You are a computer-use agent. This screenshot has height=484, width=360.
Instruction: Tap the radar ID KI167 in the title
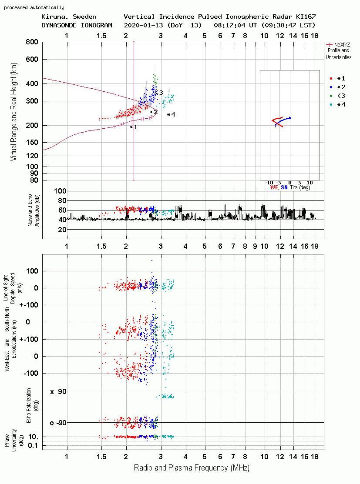click(306, 17)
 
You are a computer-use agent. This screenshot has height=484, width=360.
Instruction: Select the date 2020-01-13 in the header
click(144, 25)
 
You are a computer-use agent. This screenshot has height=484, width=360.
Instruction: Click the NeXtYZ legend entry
click(338, 51)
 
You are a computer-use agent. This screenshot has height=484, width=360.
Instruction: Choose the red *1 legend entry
click(337, 79)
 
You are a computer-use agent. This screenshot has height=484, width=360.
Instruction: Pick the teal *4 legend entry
click(337, 105)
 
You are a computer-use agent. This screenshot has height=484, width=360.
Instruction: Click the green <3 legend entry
click(337, 96)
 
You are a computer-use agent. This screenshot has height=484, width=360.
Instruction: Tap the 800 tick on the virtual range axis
click(32, 42)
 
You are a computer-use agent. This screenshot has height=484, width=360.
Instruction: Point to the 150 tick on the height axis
click(32, 143)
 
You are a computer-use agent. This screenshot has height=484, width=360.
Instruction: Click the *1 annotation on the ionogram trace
click(134, 127)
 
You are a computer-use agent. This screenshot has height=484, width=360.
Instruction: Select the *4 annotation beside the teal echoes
click(171, 114)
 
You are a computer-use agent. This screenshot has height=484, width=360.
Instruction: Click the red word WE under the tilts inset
click(274, 187)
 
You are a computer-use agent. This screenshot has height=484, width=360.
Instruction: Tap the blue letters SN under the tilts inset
click(284, 187)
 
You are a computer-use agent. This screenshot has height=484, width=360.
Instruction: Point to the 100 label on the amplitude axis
click(60, 191)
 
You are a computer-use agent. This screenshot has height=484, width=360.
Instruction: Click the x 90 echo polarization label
click(58, 392)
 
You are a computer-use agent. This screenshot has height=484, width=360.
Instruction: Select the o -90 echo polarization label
click(58, 423)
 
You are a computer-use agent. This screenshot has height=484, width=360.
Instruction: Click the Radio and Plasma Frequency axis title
click(192, 468)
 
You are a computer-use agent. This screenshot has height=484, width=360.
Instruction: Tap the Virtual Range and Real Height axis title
click(14, 112)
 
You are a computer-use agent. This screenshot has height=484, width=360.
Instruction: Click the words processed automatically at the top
click(34, 7)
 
